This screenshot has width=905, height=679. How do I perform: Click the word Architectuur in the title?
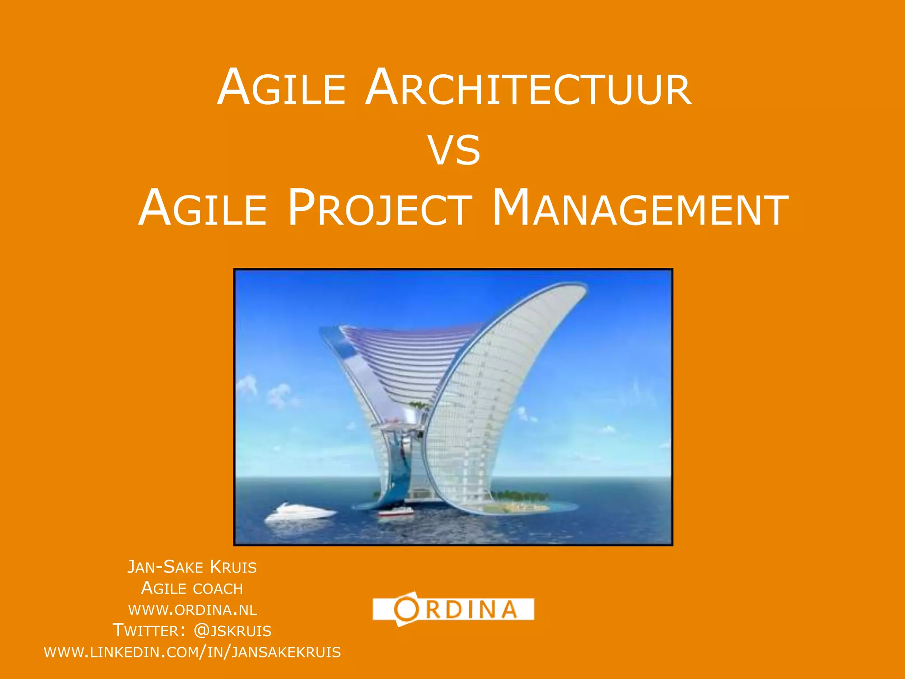tap(528, 88)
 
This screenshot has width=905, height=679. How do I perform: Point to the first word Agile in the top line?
tap(281, 88)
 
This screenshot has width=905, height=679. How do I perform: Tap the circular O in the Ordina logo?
tap(406, 609)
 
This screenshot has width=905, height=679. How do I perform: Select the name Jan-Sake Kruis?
tap(192, 567)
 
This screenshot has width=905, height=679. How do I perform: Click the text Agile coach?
tap(192, 588)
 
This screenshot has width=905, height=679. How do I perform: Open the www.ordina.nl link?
tap(192, 610)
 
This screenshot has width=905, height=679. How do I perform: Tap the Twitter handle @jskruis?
tap(232, 631)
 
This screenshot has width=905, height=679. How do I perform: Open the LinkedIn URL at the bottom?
tap(192, 652)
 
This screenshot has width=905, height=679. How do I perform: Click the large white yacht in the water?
tap(300, 513)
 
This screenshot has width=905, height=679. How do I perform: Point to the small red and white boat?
tap(396, 513)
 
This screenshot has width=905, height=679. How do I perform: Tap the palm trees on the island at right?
tap(521, 495)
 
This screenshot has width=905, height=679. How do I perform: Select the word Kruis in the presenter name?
tap(233, 567)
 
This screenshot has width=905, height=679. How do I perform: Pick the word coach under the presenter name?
tap(218, 589)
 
